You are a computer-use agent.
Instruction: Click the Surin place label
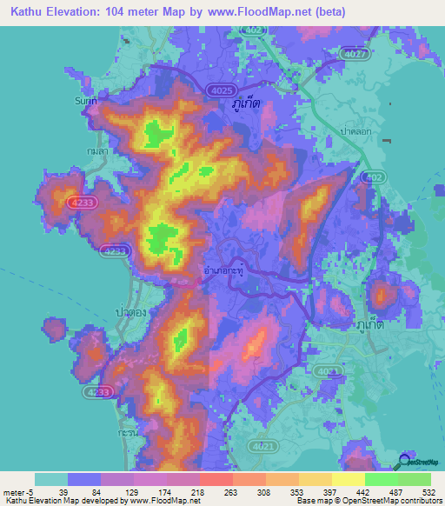click(x=83, y=100)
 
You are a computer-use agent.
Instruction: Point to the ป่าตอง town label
click(x=127, y=309)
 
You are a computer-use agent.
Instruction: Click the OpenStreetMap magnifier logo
click(x=406, y=460)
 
